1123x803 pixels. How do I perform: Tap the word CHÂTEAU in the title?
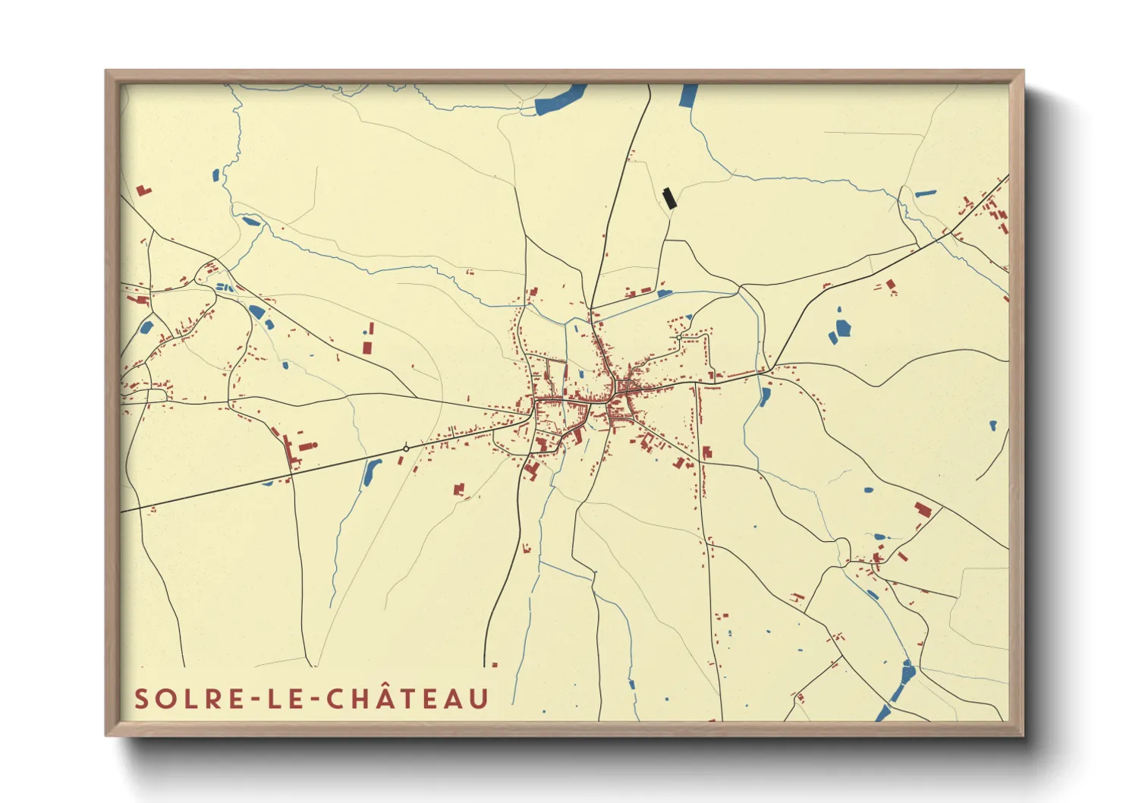(x=408, y=699)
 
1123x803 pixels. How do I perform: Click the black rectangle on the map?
(x=668, y=198)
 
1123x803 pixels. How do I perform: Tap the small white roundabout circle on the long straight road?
(x=406, y=449)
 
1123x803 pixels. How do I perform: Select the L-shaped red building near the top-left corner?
(x=143, y=191)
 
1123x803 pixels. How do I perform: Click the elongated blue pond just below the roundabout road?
(x=372, y=472)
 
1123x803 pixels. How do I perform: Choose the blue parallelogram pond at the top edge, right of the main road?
(x=688, y=96)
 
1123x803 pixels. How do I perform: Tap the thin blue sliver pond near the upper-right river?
(x=925, y=194)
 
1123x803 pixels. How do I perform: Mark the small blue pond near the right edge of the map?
(x=992, y=425)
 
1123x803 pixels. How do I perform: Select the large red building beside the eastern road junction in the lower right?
(x=922, y=509)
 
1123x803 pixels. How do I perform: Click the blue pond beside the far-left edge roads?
(x=146, y=328)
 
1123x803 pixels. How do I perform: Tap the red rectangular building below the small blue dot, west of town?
(x=367, y=347)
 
